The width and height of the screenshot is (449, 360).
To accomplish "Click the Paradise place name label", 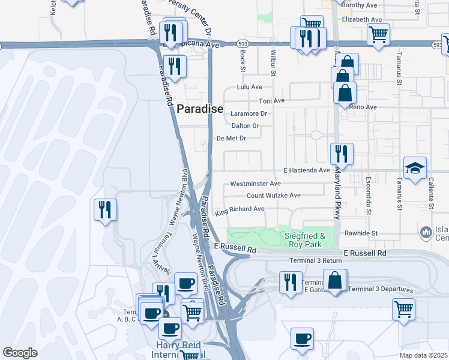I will coord(200,109).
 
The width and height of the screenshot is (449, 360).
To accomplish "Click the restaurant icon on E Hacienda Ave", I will coord(341,154).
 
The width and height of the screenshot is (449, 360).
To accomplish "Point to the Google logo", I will coord(20,353).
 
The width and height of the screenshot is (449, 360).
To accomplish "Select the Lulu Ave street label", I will coord(250,87).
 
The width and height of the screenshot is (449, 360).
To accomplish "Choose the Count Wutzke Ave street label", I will coord(273,196).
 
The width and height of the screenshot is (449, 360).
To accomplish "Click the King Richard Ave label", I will coord(240,209).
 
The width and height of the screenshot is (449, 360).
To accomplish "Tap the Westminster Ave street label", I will coord(255,184).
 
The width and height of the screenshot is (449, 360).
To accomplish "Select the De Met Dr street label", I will coord(231,138).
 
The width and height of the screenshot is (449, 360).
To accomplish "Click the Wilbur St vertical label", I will coord(273,62).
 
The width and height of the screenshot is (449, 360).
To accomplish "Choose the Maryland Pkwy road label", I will coord(337,193).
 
